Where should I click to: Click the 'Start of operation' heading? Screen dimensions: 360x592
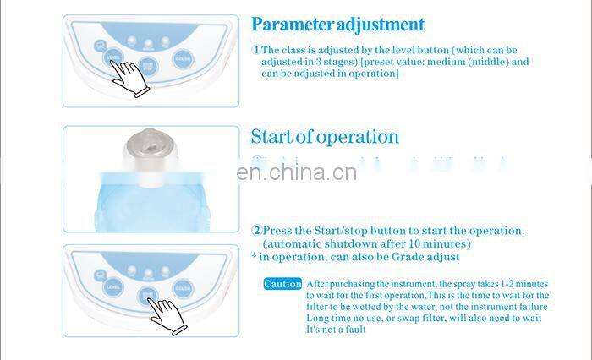pyautogui.click(x=324, y=137)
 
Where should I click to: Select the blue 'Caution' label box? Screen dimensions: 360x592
pyautogui.click(x=282, y=284)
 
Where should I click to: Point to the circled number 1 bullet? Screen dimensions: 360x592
pyautogui.click(x=255, y=50)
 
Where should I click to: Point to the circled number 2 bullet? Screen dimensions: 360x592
pyautogui.click(x=255, y=231)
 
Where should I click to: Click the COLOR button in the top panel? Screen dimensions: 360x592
pyautogui.click(x=182, y=58)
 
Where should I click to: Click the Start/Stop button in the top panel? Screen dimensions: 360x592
pyautogui.click(x=149, y=64)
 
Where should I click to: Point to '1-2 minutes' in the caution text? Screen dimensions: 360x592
pyautogui.click(x=518, y=284)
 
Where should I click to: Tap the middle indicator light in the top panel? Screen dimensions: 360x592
pyautogui.click(x=149, y=42)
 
